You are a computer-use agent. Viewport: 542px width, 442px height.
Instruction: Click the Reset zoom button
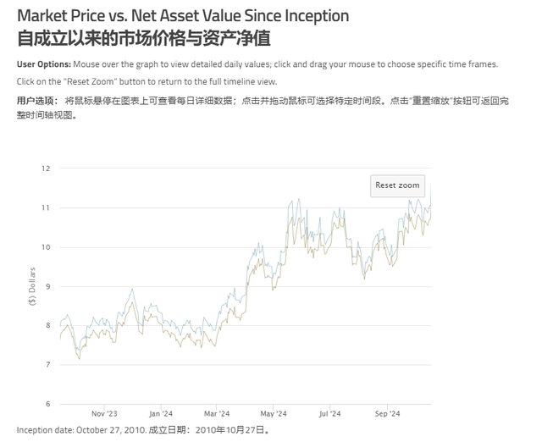pos(397,185)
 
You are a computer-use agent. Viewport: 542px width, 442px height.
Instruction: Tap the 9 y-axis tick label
pos(47,286)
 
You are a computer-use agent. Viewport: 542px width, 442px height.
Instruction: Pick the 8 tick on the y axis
pos(47,325)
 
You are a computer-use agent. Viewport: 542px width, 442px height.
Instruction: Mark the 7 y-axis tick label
pos(47,365)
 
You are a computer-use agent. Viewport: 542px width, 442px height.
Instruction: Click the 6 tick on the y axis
pos(47,404)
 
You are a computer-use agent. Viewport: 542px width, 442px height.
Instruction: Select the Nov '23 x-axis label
pos(103,414)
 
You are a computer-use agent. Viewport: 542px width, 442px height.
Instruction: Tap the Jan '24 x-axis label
pos(160,414)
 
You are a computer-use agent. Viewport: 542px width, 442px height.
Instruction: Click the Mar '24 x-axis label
pos(216,414)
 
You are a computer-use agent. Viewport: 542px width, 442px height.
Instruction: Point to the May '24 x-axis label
pos(274,414)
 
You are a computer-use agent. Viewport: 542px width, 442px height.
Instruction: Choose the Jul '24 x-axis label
pos(329,414)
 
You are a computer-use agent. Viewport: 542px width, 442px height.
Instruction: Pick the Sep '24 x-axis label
pos(387,414)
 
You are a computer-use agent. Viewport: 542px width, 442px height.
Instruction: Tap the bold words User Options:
pos(43,64)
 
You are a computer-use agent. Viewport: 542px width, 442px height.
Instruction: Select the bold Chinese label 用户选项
pos(34,100)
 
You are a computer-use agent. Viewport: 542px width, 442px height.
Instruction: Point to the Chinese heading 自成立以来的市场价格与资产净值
pos(144,39)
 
